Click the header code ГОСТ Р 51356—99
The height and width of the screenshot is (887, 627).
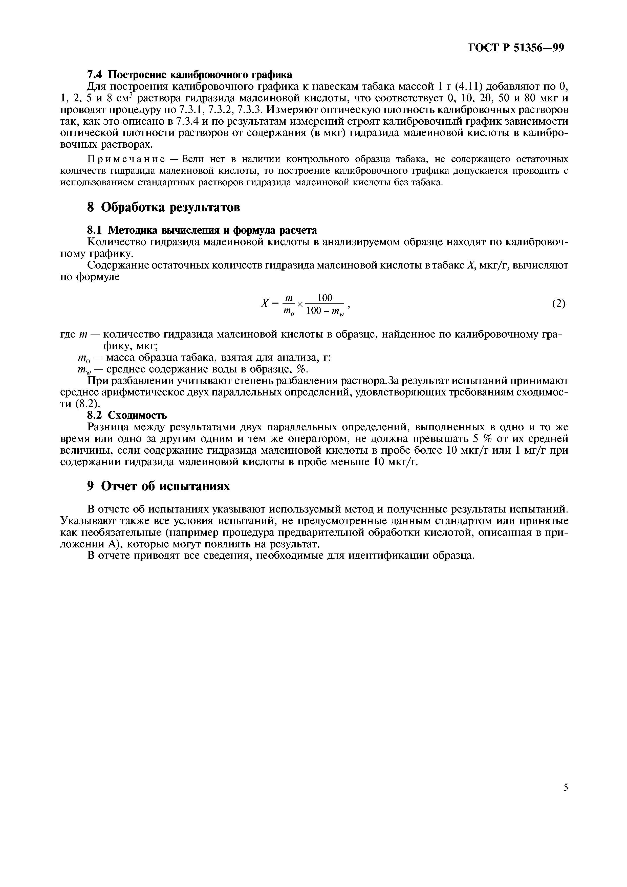[x=516, y=48]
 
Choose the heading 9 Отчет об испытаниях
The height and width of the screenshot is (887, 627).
[x=158, y=486]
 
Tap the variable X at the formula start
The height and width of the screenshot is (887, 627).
[x=265, y=304]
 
